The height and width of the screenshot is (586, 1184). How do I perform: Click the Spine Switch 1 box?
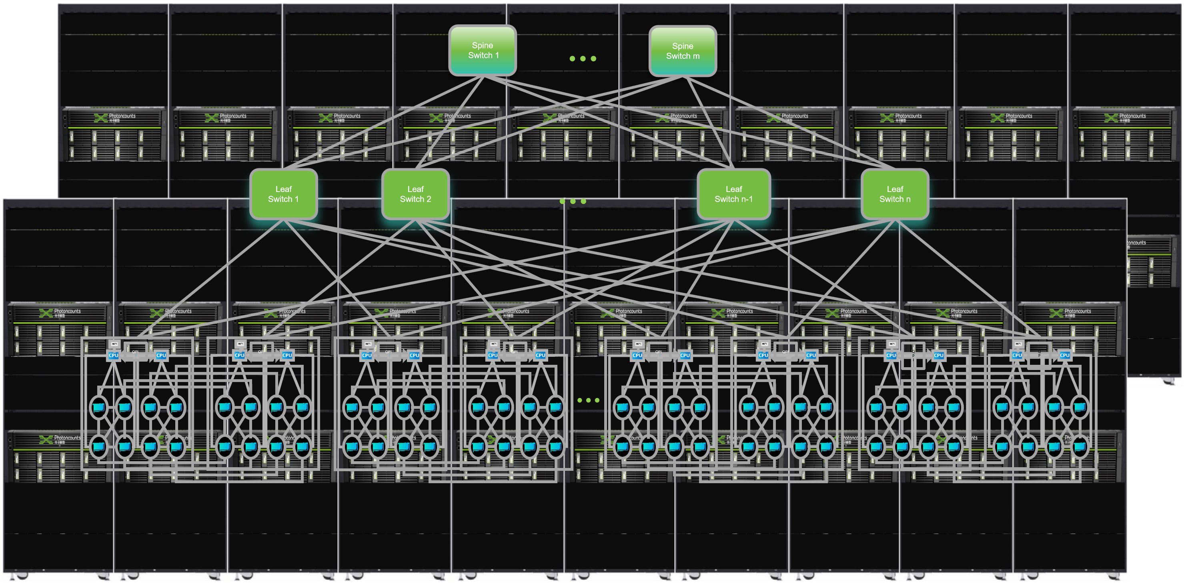(482, 50)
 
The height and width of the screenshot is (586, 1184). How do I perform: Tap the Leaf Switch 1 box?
(283, 194)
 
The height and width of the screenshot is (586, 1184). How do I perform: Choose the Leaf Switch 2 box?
(415, 194)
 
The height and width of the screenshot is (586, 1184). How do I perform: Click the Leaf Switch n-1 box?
(733, 194)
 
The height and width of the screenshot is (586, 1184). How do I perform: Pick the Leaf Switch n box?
(894, 194)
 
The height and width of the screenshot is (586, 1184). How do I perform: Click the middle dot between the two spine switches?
(583, 59)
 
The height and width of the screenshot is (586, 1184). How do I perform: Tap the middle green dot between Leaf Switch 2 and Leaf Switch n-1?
(573, 201)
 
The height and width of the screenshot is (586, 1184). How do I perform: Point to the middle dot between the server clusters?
(588, 400)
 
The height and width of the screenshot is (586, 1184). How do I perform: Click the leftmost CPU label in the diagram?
(114, 355)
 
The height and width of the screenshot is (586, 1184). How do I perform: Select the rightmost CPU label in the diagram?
(1064, 355)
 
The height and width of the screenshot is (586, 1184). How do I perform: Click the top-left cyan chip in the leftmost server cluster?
(99, 407)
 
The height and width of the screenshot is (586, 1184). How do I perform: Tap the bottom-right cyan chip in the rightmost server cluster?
(1079, 446)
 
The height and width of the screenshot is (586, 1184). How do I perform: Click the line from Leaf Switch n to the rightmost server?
(965, 280)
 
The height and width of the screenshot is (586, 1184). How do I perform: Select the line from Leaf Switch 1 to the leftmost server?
(211, 280)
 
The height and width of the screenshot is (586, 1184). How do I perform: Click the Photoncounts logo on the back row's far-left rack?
(101, 118)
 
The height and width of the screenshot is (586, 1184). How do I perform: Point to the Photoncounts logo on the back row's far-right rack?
(1112, 118)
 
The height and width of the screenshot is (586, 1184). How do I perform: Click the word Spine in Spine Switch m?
(683, 46)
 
